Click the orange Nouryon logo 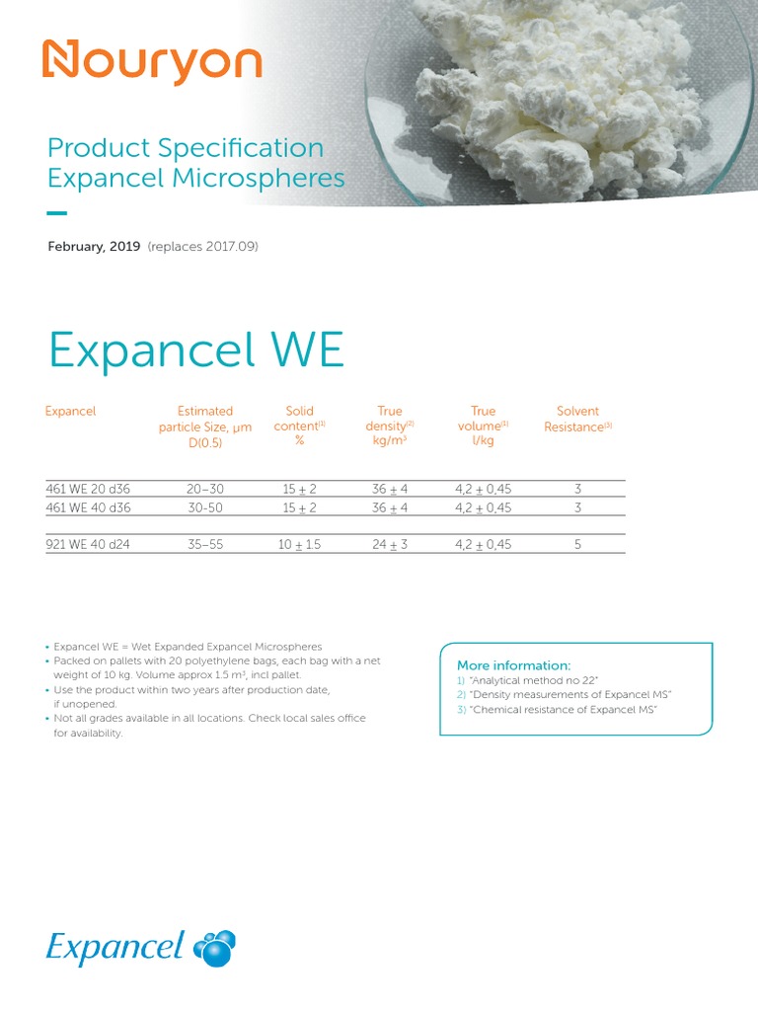(x=151, y=62)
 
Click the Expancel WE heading (x=195, y=350)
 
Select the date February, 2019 (x=95, y=246)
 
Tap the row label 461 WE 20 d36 (x=89, y=489)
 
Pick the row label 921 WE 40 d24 (x=89, y=544)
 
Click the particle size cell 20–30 (x=205, y=489)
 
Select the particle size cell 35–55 (x=205, y=544)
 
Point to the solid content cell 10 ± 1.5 (x=299, y=544)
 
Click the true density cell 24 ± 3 (x=390, y=544)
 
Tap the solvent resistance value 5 (x=578, y=544)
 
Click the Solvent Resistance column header (x=578, y=419)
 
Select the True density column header (x=390, y=426)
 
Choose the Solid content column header (x=299, y=426)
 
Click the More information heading (x=513, y=665)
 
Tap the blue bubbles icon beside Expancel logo (x=215, y=948)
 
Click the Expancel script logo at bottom (x=114, y=948)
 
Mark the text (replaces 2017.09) (x=202, y=246)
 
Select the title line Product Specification (x=186, y=148)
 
